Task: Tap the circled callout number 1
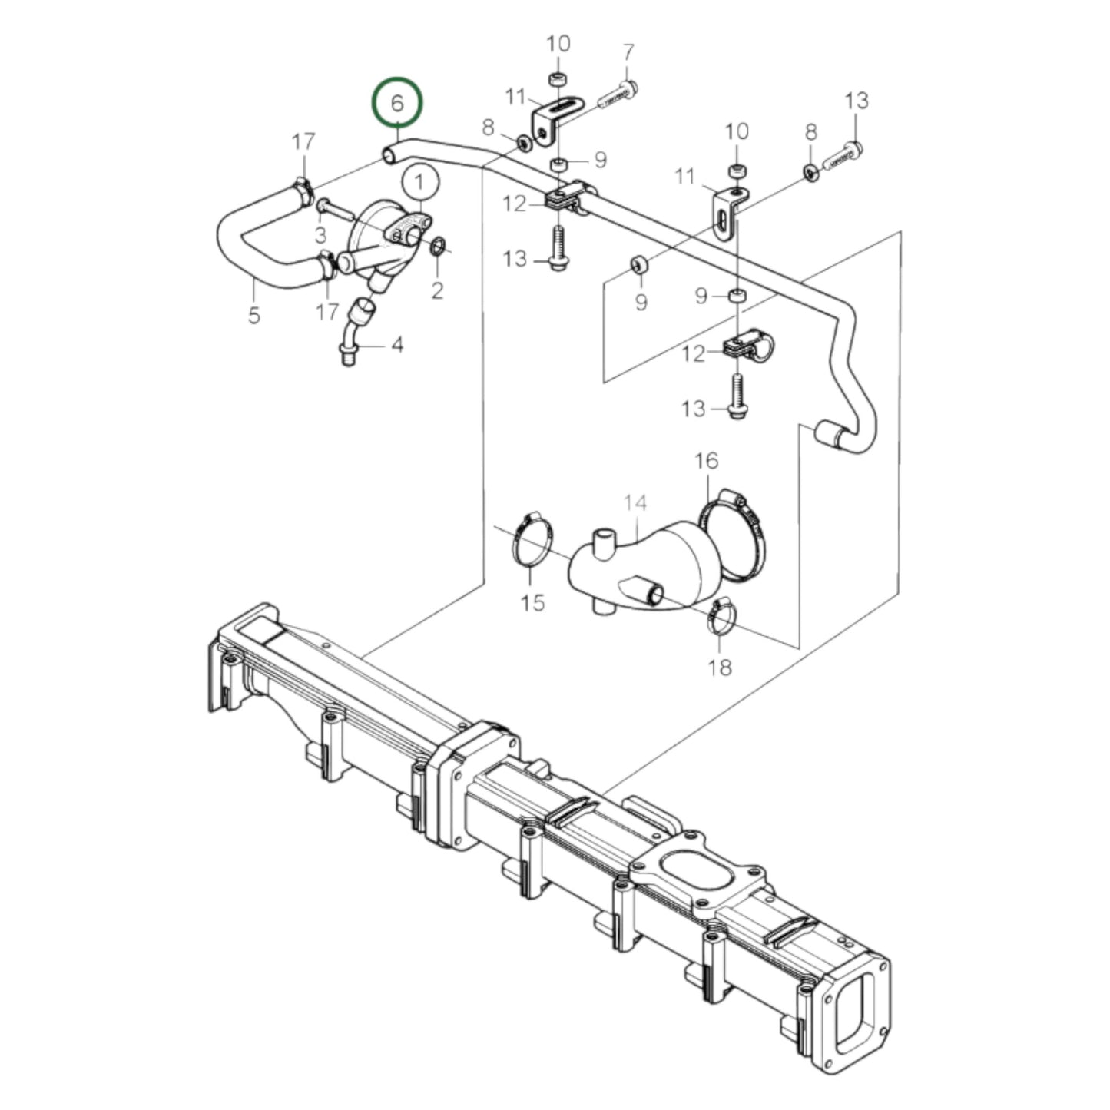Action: pos(419,183)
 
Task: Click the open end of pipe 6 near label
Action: pos(388,157)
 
